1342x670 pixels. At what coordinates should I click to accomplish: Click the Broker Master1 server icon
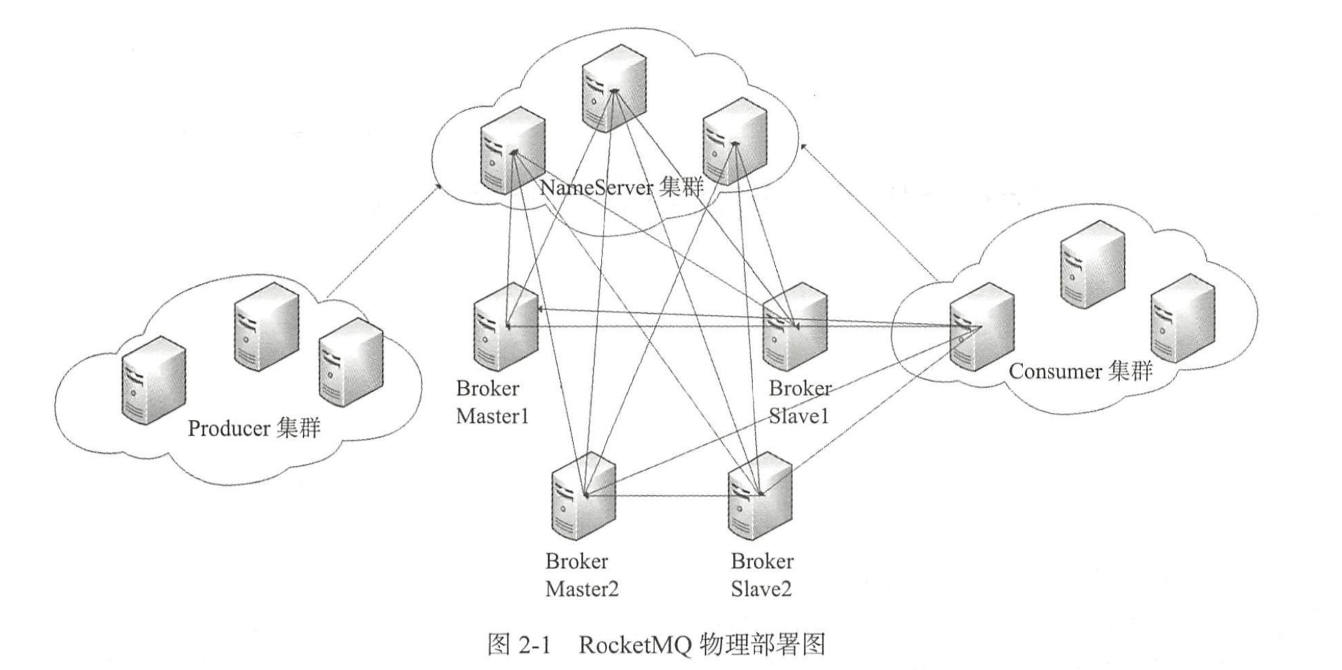(505, 327)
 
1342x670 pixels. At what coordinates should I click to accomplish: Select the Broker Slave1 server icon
(794, 327)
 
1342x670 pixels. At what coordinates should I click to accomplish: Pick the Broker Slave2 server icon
(760, 496)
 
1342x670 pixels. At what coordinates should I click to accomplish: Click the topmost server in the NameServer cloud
(613, 87)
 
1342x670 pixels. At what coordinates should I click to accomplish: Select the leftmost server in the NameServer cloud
(512, 155)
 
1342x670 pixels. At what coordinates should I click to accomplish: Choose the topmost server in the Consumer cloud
(1092, 264)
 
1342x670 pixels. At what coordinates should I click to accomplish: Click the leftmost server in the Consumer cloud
(981, 327)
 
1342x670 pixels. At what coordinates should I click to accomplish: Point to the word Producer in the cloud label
(228, 428)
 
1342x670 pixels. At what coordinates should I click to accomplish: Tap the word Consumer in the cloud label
(1055, 371)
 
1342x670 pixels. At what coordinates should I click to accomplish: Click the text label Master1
(492, 417)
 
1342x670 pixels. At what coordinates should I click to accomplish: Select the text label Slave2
(761, 589)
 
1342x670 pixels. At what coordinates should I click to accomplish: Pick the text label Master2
(582, 589)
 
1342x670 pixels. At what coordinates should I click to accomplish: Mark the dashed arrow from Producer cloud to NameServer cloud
(384, 242)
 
